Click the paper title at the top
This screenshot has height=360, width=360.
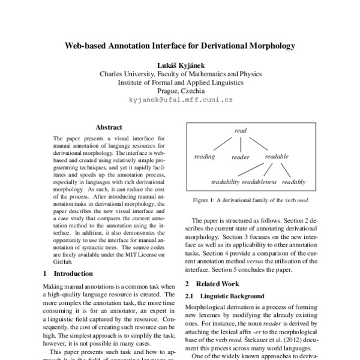[180, 45]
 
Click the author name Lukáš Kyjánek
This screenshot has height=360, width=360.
[180, 65]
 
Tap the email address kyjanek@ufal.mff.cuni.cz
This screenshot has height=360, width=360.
[180, 101]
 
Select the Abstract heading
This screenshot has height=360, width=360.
[109, 127]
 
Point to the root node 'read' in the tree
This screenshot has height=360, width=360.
[241, 130]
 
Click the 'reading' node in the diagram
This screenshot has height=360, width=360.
[205, 157]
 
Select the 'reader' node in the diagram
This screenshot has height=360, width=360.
[240, 158]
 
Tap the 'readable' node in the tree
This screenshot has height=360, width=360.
[276, 157]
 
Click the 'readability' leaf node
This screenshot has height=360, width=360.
[225, 182]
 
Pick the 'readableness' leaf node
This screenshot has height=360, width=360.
[260, 182]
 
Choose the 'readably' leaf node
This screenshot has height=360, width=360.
[293, 182]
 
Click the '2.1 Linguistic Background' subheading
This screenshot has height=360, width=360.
[224, 296]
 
